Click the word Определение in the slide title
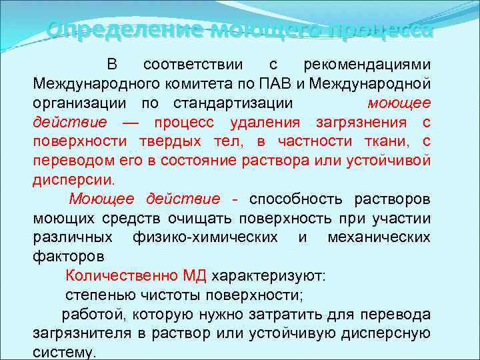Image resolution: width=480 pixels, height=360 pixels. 124,30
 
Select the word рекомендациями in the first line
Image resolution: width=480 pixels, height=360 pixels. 367,65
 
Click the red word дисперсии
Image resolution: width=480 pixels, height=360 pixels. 73,180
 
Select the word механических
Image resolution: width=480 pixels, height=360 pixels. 379,237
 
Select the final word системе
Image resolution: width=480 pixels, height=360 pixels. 65,352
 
